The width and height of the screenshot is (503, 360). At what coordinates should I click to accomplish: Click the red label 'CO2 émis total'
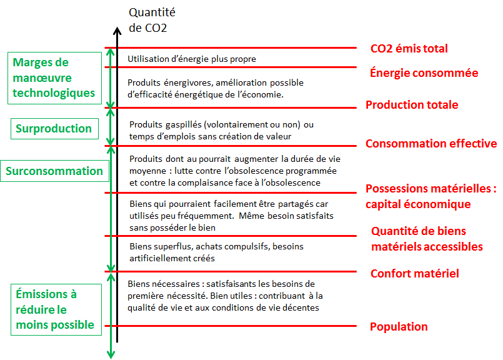tap(409, 49)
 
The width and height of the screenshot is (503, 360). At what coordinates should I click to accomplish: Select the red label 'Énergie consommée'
tap(424, 73)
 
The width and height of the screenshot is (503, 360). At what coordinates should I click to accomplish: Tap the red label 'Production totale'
tap(412, 105)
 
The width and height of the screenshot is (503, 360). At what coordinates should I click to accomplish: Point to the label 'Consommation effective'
tap(431, 144)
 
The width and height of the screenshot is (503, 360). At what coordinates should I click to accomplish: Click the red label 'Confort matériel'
tap(414, 273)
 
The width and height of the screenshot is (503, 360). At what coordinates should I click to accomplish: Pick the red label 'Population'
tap(399, 327)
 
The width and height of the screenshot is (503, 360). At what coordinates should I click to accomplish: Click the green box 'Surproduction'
tap(54, 129)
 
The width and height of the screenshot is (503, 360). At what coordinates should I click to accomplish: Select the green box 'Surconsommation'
tap(54, 171)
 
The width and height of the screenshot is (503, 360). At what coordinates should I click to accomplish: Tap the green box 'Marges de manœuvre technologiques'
tap(54, 78)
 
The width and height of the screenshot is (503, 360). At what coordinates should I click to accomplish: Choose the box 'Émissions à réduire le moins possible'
tap(54, 309)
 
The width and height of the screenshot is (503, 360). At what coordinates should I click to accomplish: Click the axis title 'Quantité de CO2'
tap(151, 20)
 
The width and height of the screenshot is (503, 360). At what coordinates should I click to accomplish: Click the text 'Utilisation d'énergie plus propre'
tap(192, 59)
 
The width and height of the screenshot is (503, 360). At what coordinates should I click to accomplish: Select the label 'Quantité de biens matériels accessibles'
tap(427, 239)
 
